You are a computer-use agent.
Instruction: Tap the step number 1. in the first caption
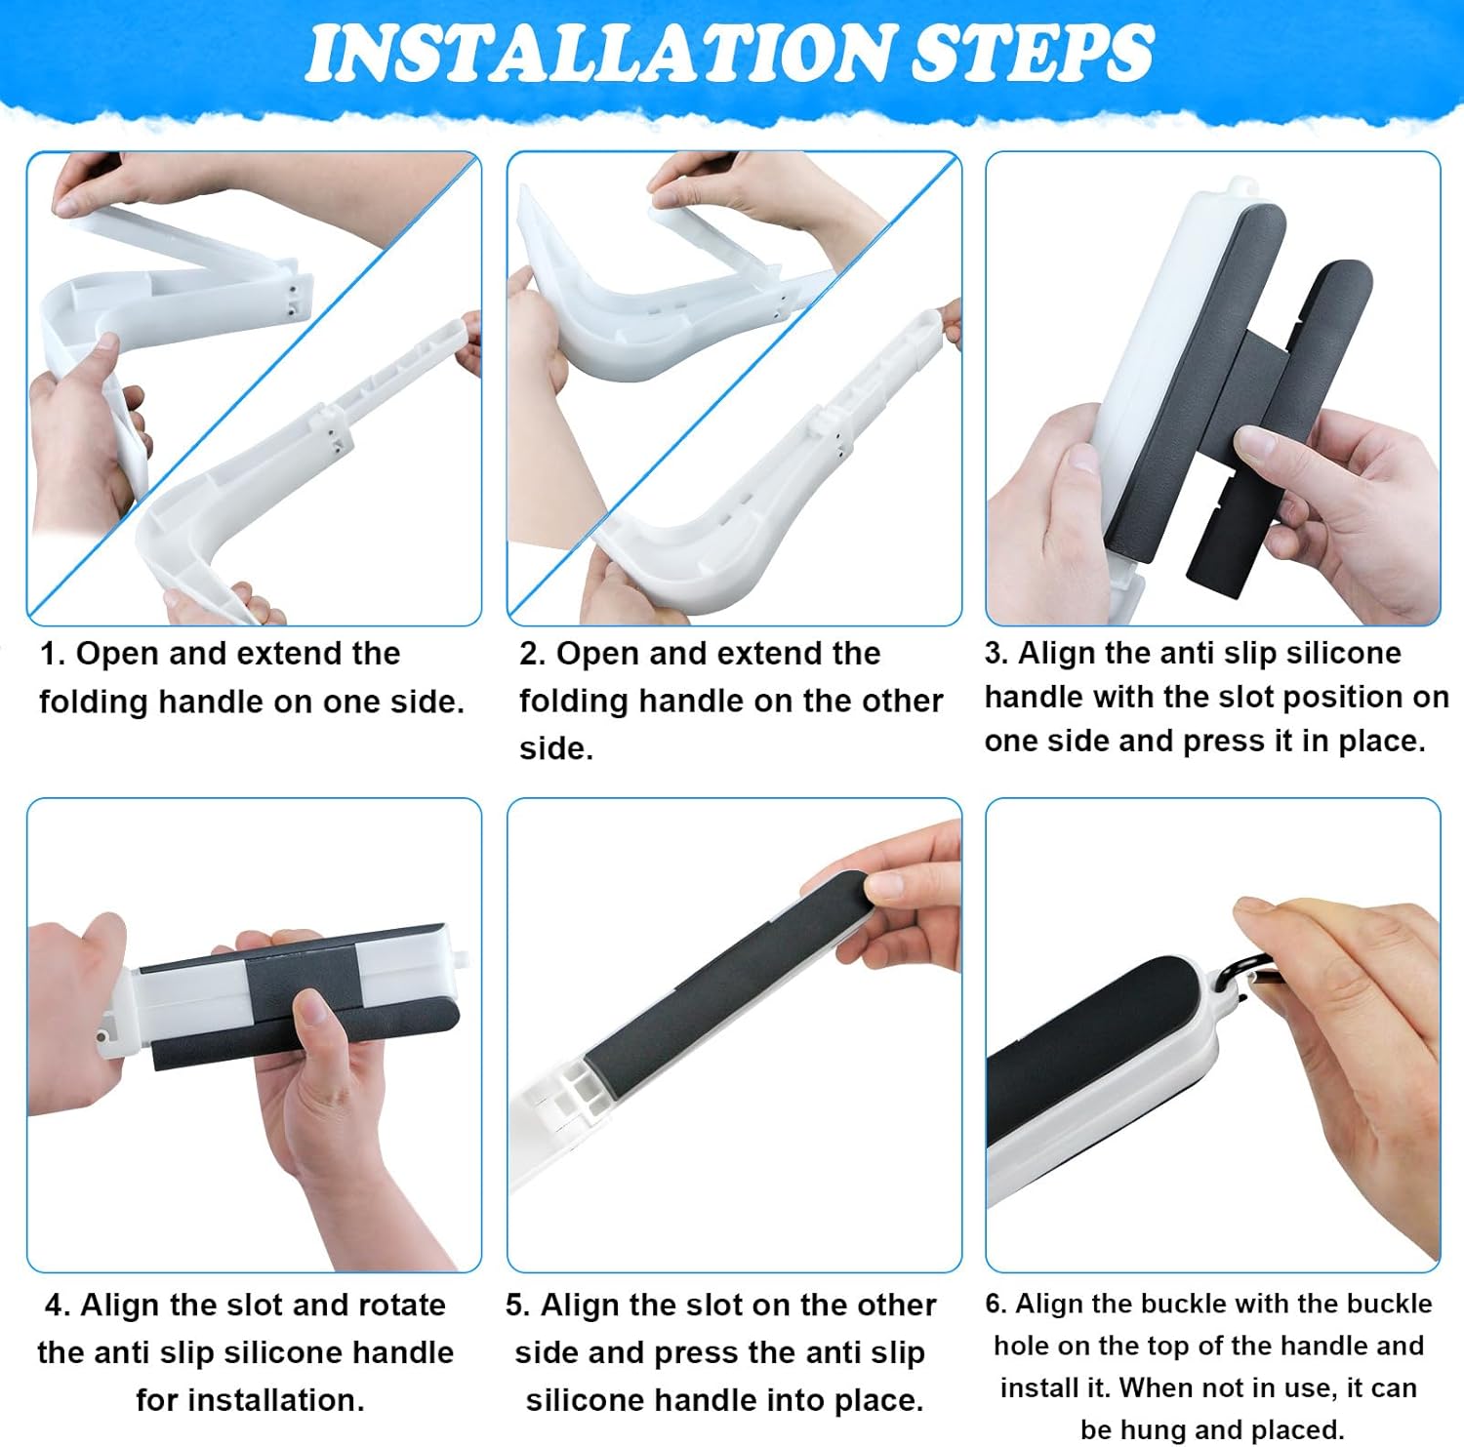tap(53, 654)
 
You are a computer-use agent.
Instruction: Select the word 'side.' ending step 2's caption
tap(556, 748)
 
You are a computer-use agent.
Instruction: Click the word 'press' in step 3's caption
tap(1224, 741)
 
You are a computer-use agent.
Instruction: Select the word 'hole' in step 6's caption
tap(1021, 1347)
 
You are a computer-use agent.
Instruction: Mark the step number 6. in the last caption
tap(996, 1305)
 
